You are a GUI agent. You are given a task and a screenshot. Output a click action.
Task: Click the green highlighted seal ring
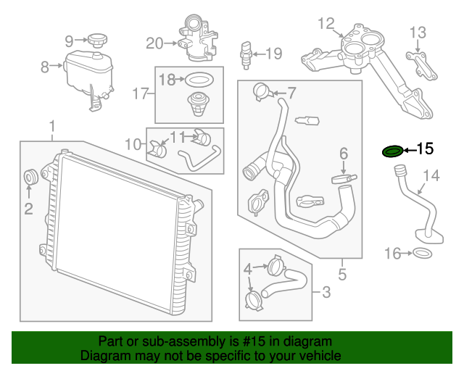coord(392,151)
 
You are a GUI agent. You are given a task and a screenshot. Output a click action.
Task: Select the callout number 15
coord(424,149)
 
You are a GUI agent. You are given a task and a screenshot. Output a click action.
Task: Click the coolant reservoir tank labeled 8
coord(84,72)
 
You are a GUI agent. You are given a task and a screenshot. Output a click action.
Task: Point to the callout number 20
coord(154,43)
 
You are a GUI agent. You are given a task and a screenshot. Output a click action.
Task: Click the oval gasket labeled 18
coord(199,80)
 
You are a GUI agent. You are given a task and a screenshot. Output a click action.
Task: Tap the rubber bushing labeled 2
coord(31,176)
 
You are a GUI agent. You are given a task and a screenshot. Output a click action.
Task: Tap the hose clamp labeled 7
coord(261,91)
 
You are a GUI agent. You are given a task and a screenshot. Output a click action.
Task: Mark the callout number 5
coord(342,274)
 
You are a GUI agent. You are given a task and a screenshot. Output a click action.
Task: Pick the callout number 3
coord(326,293)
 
